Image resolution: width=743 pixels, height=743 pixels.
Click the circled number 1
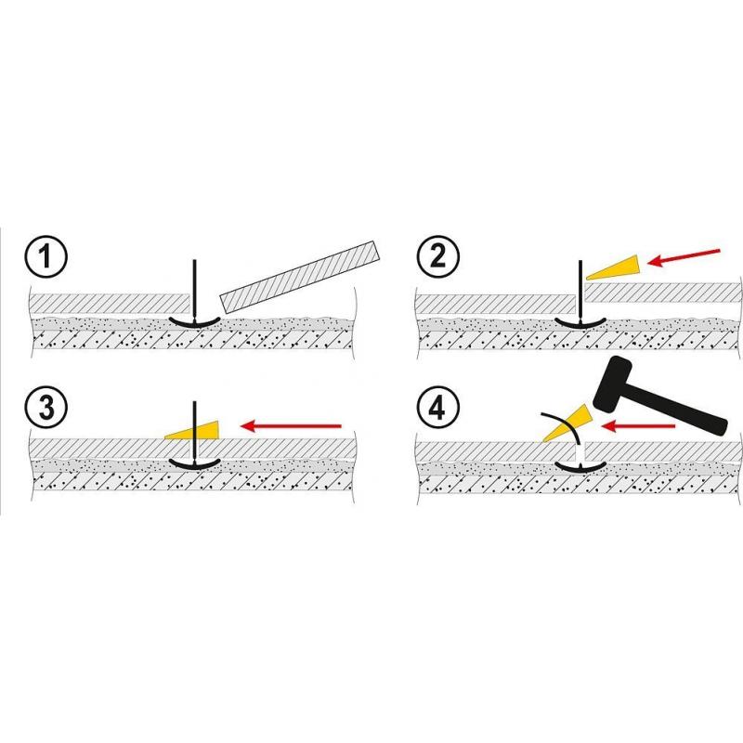(46, 256)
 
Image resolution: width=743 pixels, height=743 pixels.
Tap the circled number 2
(438, 256)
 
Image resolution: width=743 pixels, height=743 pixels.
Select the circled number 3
(46, 407)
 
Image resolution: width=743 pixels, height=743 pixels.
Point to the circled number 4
(438, 407)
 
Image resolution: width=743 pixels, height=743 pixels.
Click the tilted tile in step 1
(300, 277)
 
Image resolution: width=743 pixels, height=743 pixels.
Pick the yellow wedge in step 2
(615, 267)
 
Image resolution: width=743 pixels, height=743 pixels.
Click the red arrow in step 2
(684, 256)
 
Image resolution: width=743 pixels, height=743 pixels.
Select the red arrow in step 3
(291, 426)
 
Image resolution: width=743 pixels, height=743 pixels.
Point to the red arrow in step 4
(638, 426)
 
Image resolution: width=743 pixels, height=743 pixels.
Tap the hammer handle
(679, 408)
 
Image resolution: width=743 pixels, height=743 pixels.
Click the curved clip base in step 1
(195, 322)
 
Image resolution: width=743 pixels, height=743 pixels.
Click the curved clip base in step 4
(580, 467)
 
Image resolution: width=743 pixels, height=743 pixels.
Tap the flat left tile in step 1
(110, 304)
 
